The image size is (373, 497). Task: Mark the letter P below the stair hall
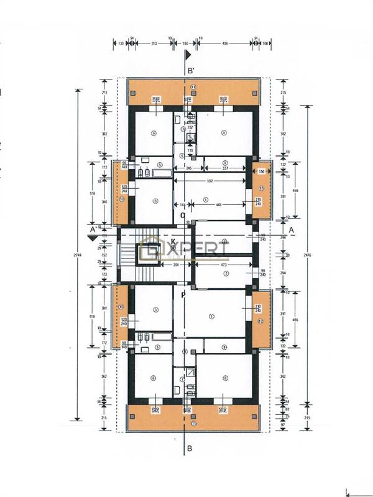click(183, 295)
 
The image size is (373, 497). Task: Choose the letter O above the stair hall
click(183, 216)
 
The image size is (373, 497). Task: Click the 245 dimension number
click(187, 167)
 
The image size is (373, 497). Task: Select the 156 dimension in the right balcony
click(261, 171)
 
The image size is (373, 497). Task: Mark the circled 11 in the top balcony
click(193, 86)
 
